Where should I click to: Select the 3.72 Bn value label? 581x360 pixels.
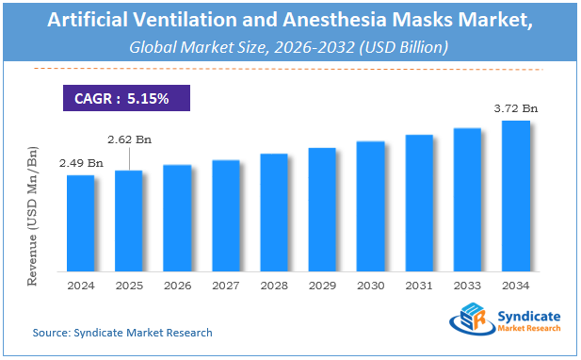tap(515, 109)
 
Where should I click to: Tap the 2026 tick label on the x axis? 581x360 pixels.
tap(177, 284)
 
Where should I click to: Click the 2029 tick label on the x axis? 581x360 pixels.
tap(322, 284)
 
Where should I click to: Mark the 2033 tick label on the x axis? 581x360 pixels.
tap(467, 284)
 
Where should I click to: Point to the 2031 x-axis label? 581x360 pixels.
tap(419, 284)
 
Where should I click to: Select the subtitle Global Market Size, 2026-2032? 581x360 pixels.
tap(290, 45)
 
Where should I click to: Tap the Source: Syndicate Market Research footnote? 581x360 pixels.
tap(122, 332)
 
